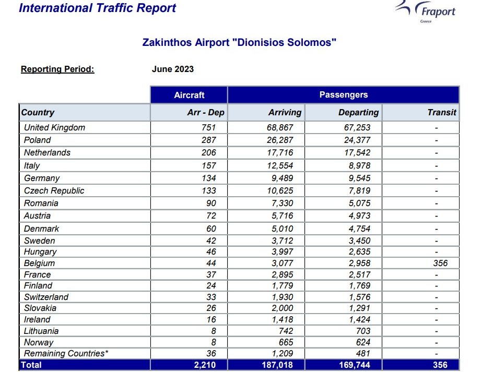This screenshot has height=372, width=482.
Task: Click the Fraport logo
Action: click(426, 11)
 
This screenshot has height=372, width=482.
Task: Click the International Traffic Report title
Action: click(98, 8)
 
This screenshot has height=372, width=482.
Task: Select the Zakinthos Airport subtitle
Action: click(239, 42)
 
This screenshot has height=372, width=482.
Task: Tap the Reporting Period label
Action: click(57, 69)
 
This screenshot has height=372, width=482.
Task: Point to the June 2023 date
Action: click(173, 69)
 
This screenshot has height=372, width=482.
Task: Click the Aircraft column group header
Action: click(189, 95)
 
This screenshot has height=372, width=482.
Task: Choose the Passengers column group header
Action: click(344, 94)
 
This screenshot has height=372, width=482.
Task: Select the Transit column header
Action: click(442, 112)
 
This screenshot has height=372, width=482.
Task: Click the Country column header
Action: click(38, 112)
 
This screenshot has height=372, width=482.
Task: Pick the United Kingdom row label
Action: click(54, 127)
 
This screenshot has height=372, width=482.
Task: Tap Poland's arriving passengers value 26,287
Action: click(280, 140)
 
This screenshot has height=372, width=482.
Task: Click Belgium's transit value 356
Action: click(440, 263)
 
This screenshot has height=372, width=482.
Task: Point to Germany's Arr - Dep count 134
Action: click(209, 178)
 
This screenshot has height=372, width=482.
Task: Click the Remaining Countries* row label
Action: click(66, 354)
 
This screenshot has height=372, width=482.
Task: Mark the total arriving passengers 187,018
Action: click(277, 365)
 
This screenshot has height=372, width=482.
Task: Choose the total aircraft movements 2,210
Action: click(205, 365)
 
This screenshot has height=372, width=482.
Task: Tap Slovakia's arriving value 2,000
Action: click(282, 308)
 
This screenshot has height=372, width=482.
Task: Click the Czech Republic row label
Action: click(54, 191)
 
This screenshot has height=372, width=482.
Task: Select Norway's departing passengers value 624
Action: click(363, 342)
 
